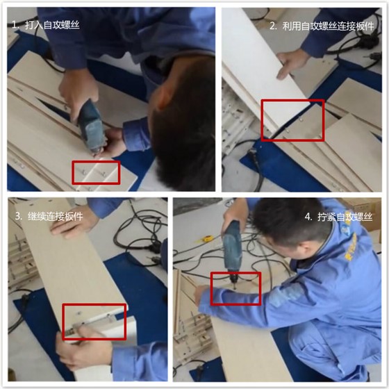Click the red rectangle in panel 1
click(x=96, y=172)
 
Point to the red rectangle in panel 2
click(x=292, y=119)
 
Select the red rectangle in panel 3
click(x=94, y=321)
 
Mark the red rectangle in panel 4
click(x=235, y=288)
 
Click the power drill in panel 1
click(x=91, y=125)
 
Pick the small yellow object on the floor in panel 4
click(x=206, y=239)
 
